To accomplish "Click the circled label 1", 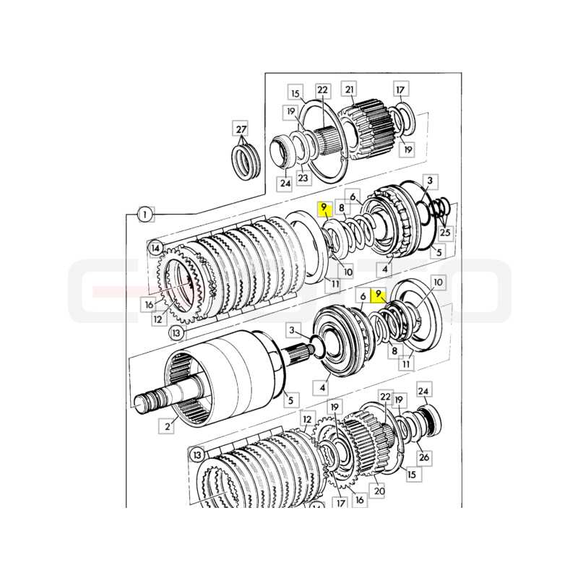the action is (x=145, y=215).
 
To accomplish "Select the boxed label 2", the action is (x=168, y=426).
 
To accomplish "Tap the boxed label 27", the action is (x=241, y=129).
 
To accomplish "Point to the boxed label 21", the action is (x=350, y=89).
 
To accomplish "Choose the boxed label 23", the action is (x=303, y=178).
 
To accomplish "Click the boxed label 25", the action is (x=445, y=233).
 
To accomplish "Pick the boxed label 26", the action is (x=424, y=457).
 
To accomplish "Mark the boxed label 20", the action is (x=379, y=491).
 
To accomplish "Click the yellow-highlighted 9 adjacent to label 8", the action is (x=324, y=207).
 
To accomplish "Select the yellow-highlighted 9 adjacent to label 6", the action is (x=378, y=294).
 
